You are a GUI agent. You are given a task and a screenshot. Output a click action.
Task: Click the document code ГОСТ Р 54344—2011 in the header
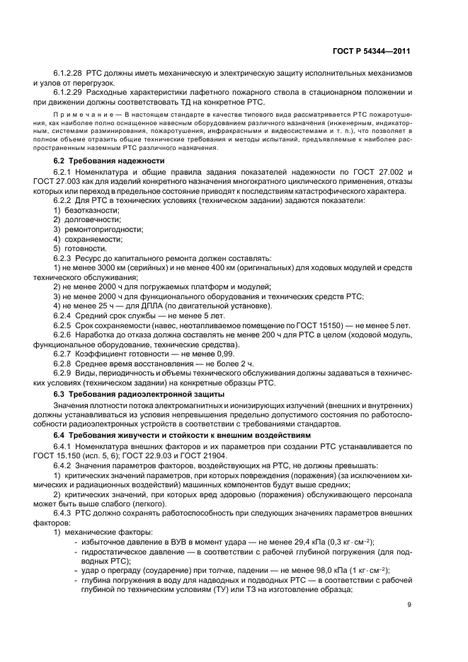click(372, 52)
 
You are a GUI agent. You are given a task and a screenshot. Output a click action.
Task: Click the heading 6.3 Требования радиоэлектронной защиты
click(139, 393)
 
